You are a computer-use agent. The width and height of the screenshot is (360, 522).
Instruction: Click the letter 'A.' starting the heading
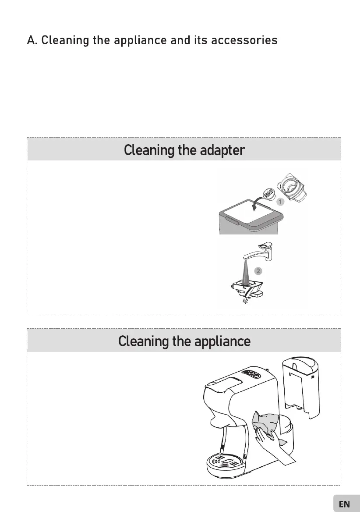(x=32, y=41)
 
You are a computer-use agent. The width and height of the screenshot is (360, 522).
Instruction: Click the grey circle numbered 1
(x=280, y=202)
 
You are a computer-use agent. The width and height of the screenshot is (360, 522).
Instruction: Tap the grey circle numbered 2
(x=259, y=271)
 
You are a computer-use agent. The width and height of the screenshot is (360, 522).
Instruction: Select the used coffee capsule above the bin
(x=269, y=192)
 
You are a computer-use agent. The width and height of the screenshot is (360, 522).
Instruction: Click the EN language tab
(x=345, y=504)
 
